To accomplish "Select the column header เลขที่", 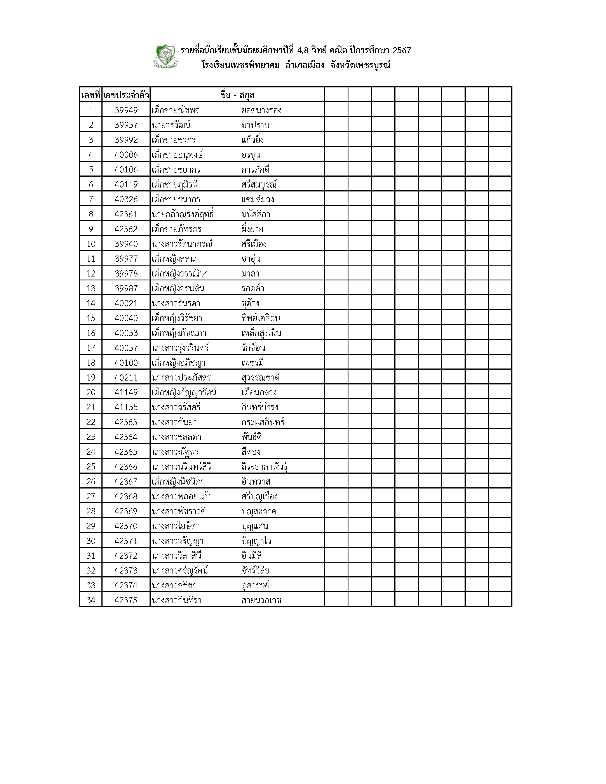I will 91,95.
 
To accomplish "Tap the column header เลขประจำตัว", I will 126,95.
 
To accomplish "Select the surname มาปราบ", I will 255,125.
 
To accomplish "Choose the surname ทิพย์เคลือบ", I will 261,318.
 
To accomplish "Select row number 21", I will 91,407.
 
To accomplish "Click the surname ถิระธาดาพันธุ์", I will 265,467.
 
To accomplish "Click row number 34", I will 91,600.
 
